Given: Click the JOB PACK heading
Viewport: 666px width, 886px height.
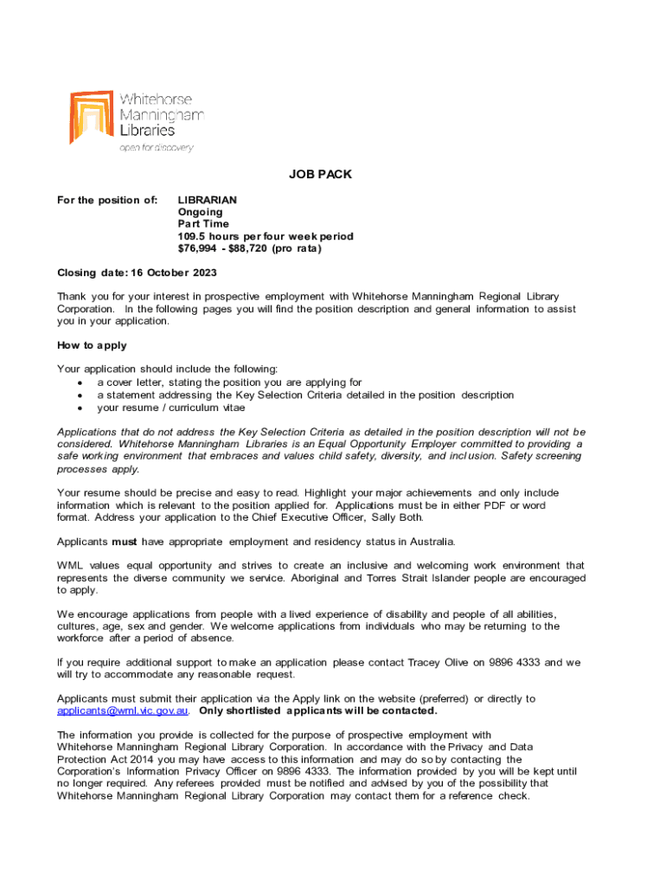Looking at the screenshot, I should click(320, 174).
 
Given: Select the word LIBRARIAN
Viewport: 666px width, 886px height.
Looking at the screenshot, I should click(208, 200).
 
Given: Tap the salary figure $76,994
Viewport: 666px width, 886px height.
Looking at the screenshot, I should click(200, 248).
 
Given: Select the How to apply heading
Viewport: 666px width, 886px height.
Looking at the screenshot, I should click(92, 345).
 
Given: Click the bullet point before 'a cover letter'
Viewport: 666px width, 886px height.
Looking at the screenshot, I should click(80, 382).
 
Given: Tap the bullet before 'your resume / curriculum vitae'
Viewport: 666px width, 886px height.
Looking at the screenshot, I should click(80, 408).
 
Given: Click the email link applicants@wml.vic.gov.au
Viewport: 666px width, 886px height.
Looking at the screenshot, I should click(123, 711).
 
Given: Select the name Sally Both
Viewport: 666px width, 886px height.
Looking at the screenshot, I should click(398, 517).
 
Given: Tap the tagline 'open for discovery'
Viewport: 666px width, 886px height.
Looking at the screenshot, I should click(156, 147).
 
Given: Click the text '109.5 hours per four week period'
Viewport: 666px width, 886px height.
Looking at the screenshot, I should click(266, 236).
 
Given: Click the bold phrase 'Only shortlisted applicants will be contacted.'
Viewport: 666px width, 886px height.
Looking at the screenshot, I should click(318, 711).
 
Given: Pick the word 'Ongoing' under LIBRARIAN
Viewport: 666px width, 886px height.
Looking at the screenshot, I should click(200, 212).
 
